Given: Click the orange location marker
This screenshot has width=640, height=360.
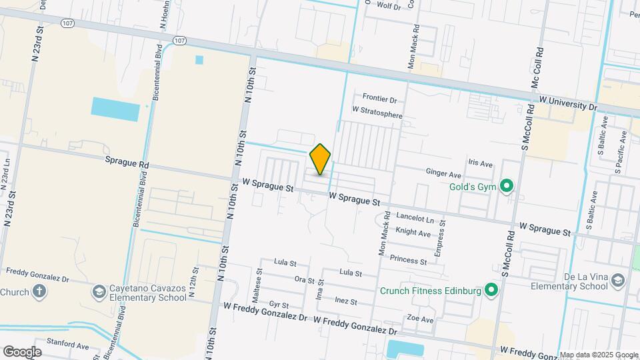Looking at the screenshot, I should pyautogui.click(x=321, y=159).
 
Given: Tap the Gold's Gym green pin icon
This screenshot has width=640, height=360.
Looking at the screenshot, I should pyautogui.click(x=506, y=186).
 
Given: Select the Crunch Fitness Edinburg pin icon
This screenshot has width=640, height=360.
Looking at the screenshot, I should pyautogui.click(x=491, y=290).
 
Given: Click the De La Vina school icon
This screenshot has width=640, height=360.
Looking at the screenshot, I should pyautogui.click(x=619, y=280).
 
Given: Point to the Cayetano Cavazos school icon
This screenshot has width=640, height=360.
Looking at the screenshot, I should pyautogui.click(x=99, y=291).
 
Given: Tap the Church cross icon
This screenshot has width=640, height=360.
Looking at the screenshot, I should pyautogui.click(x=39, y=291).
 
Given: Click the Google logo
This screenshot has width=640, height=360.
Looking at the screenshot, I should pyautogui.click(x=23, y=351).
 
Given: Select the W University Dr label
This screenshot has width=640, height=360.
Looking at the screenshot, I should pyautogui.click(x=568, y=103).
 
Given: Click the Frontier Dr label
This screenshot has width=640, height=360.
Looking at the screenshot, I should pyautogui.click(x=379, y=99).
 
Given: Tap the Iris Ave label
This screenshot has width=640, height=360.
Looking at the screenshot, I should pyautogui.click(x=480, y=163).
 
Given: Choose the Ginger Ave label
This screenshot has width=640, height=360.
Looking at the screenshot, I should pyautogui.click(x=444, y=173).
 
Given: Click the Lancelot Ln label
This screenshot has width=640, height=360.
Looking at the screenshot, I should pyautogui.click(x=415, y=218).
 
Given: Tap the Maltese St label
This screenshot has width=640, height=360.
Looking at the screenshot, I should pyautogui.click(x=258, y=283).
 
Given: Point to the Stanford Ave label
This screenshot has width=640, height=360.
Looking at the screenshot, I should pyautogui.click(x=68, y=346).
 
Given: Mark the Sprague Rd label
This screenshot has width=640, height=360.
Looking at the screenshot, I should pyautogui.click(x=127, y=162).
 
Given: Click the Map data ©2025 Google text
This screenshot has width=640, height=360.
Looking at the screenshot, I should pyautogui.click(x=599, y=355).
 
